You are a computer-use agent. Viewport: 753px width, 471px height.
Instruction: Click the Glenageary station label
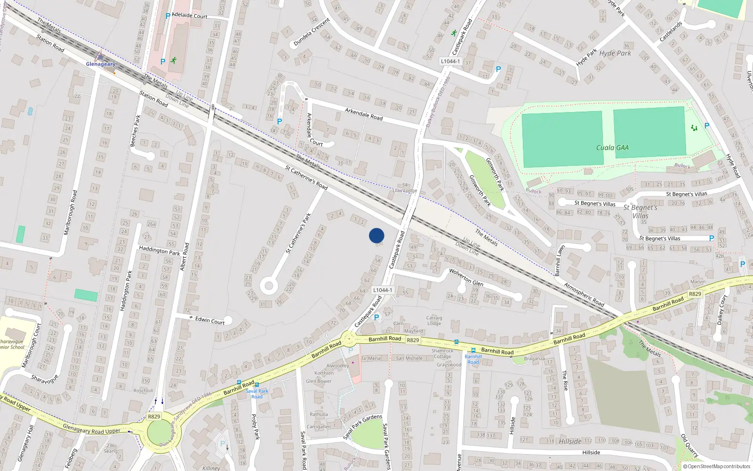(100, 64)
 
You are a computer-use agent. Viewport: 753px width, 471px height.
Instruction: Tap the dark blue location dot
(376, 235)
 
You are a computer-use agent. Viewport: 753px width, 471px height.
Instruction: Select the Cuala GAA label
(612, 148)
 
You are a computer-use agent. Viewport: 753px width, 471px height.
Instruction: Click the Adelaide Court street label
(189, 16)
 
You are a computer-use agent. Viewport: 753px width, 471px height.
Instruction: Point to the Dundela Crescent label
(312, 32)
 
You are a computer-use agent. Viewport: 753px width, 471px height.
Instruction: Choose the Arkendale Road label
(364, 114)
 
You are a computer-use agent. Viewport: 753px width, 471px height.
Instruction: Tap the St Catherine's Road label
(306, 178)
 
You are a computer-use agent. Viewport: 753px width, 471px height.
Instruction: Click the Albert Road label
(184, 257)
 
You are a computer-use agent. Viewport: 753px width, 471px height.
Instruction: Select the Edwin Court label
(210, 321)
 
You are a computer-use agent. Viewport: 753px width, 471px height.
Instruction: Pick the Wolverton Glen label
(466, 277)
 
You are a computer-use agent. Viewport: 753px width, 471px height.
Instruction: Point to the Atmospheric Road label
(584, 294)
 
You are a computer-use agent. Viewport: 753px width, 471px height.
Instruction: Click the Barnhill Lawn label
(559, 260)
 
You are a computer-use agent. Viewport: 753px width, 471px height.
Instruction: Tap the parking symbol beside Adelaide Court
(168, 16)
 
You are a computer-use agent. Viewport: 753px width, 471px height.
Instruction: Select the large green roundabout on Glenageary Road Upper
(160, 431)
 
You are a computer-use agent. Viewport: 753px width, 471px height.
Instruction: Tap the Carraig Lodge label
(434, 320)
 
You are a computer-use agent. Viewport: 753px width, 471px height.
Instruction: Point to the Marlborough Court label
(32, 345)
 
